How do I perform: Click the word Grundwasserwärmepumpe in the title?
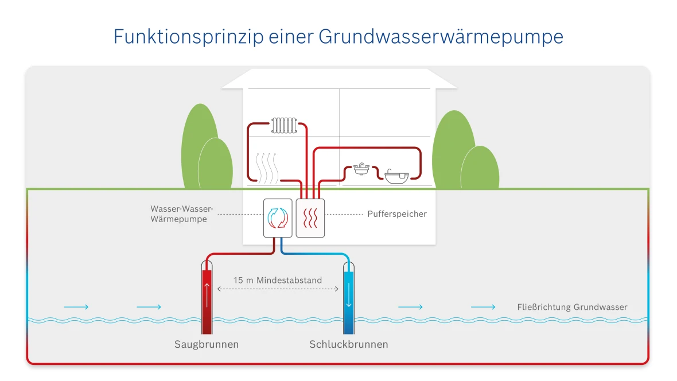tap(441, 37)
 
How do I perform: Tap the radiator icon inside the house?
tap(285, 126)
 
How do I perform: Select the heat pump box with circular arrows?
tap(278, 218)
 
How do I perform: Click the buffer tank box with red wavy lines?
tap(310, 218)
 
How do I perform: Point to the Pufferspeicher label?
tap(397, 214)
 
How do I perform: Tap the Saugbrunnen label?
tap(207, 345)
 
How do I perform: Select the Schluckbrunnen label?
tap(349, 345)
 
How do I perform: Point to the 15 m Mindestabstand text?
tap(278, 281)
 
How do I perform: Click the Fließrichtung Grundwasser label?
tap(572, 307)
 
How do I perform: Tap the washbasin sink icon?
tap(361, 170)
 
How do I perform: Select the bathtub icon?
tap(397, 176)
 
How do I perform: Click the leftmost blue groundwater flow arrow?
tap(76, 307)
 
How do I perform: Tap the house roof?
tap(339, 79)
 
